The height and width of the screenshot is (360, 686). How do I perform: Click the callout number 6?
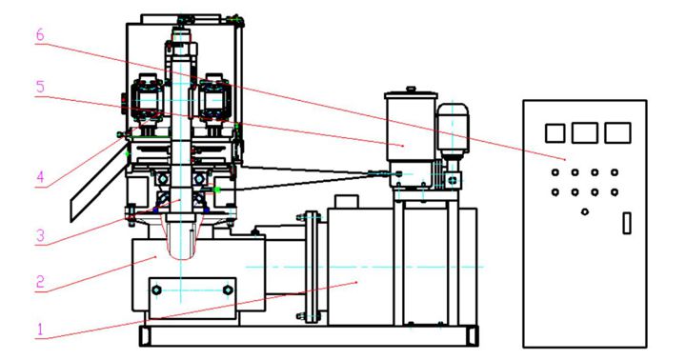pos(40,35)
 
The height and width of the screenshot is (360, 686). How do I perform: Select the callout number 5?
pos(40,87)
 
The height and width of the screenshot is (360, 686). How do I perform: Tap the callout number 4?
pos(40,177)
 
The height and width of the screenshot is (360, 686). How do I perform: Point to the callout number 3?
pos(40,236)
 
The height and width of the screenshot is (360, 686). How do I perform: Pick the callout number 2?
pos(40,282)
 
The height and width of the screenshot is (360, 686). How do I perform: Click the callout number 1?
pos(40,329)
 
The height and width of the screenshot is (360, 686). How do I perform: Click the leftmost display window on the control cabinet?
pos(555,133)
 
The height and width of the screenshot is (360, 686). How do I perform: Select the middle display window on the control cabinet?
pos(584,133)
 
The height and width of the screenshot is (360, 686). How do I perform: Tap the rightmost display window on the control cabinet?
pos(617,133)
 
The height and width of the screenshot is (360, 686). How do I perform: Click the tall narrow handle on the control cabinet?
pos(627,223)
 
